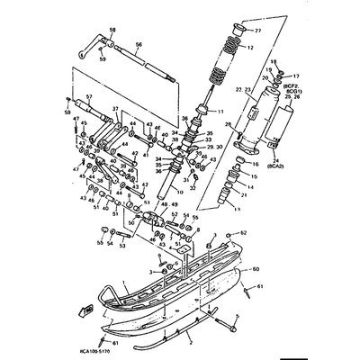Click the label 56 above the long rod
pos(139,43)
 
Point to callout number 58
pos(112,31)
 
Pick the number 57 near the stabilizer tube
pos(89,96)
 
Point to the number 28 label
pos(228,123)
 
